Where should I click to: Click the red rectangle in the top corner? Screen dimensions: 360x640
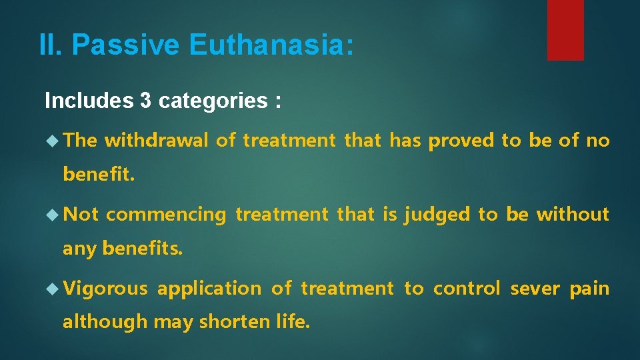565,30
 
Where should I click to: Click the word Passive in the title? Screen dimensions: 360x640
126,45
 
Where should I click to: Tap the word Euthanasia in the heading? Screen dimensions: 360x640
271,45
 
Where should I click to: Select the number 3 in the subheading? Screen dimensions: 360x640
145,101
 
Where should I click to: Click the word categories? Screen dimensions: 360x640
209,101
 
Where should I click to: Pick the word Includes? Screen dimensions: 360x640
89,101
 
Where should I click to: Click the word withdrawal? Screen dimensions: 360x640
155,140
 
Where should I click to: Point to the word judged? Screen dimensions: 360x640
437,214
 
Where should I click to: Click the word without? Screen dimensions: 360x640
573,214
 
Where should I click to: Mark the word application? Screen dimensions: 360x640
209,289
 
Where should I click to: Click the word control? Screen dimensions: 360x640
466,289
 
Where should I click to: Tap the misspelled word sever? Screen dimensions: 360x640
535,289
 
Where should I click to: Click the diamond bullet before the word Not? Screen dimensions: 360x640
53,214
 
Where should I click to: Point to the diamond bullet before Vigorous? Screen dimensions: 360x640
53,289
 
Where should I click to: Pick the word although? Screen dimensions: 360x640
105,322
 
